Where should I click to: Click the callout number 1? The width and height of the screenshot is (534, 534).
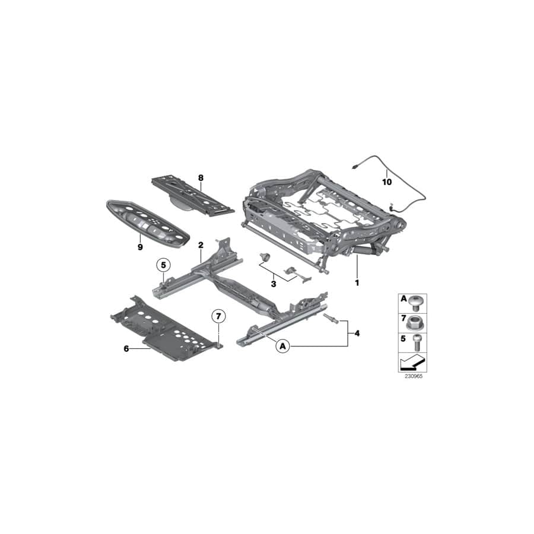(357, 283)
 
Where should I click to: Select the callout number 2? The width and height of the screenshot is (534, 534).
(201, 244)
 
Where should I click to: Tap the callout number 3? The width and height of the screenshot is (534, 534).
(274, 284)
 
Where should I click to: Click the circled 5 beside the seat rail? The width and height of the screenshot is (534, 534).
(164, 265)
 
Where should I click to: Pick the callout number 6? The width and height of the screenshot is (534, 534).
(126, 349)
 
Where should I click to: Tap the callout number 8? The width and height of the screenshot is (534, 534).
(201, 177)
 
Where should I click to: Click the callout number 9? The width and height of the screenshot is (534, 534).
(141, 247)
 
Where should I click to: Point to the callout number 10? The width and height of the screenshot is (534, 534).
(387, 182)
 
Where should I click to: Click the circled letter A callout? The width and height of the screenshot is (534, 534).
(283, 345)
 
